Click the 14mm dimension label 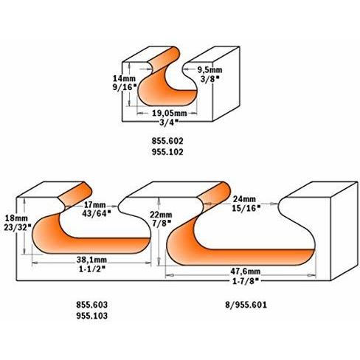(x=124, y=79)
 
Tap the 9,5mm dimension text (x=210, y=70)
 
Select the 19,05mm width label (x=170, y=114)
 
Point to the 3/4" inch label (x=169, y=122)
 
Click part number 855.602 (x=167, y=141)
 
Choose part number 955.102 (x=167, y=152)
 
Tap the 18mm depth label (x=16, y=218)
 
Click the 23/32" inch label (x=18, y=227)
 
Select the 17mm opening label (x=95, y=204)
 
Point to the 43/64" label (x=96, y=213)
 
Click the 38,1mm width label (x=91, y=260)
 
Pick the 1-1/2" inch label (x=92, y=269)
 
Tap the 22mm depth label (x=161, y=215)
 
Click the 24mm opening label (x=244, y=199)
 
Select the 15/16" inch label (x=246, y=208)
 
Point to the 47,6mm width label (x=245, y=271)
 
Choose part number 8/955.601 (x=246, y=305)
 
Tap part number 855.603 (x=91, y=305)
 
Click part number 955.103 (x=91, y=316)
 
